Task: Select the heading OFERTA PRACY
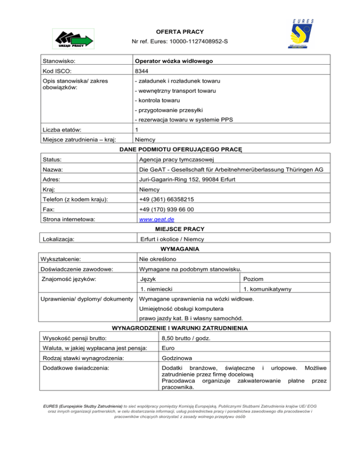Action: (x=180, y=32)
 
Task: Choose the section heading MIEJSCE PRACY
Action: (x=180, y=229)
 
